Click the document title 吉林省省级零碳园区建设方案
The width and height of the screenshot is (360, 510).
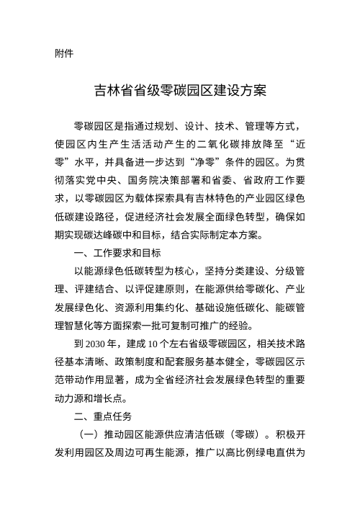pyautogui.click(x=180, y=91)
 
